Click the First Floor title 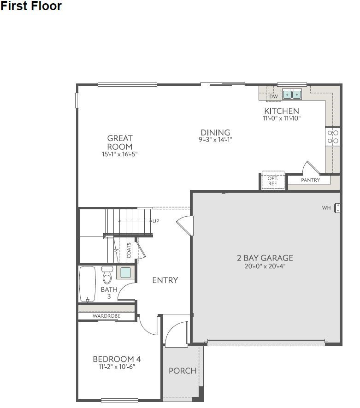[31, 6]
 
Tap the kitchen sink [292, 95]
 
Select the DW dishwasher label [273, 96]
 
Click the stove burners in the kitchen [333, 136]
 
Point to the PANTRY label [310, 180]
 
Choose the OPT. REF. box [272, 180]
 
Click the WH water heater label [326, 208]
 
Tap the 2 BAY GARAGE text [265, 258]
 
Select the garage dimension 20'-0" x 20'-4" [265, 266]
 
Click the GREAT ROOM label [120, 142]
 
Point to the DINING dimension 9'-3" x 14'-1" [215, 140]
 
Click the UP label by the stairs [156, 221]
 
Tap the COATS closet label [129, 250]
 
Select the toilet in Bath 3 [107, 275]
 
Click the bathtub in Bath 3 [88, 284]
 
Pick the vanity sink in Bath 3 [125, 272]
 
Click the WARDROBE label [106, 316]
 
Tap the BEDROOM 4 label [117, 359]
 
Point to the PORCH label [183, 371]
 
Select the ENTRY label [165, 280]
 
